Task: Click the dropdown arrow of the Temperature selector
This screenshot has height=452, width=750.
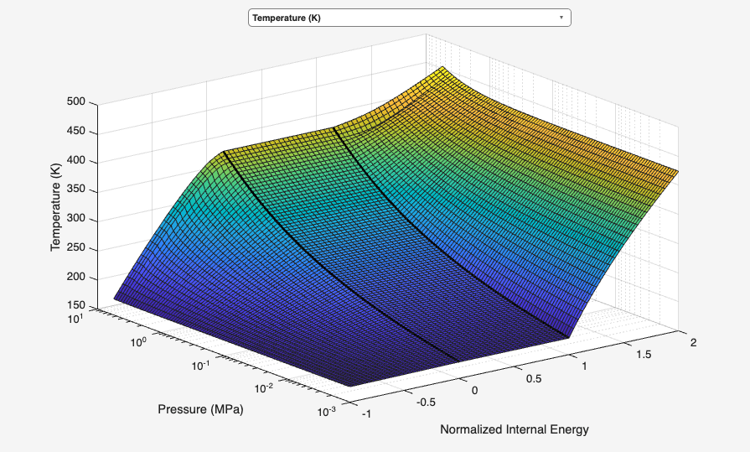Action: tap(561, 18)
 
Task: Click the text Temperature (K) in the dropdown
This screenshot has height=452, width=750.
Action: tap(286, 18)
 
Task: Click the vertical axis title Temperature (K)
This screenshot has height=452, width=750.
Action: tap(55, 205)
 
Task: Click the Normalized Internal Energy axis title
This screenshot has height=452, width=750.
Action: tap(514, 429)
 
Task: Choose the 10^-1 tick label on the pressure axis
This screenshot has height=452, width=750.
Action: tap(200, 365)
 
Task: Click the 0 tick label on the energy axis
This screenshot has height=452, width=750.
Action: tap(474, 390)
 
